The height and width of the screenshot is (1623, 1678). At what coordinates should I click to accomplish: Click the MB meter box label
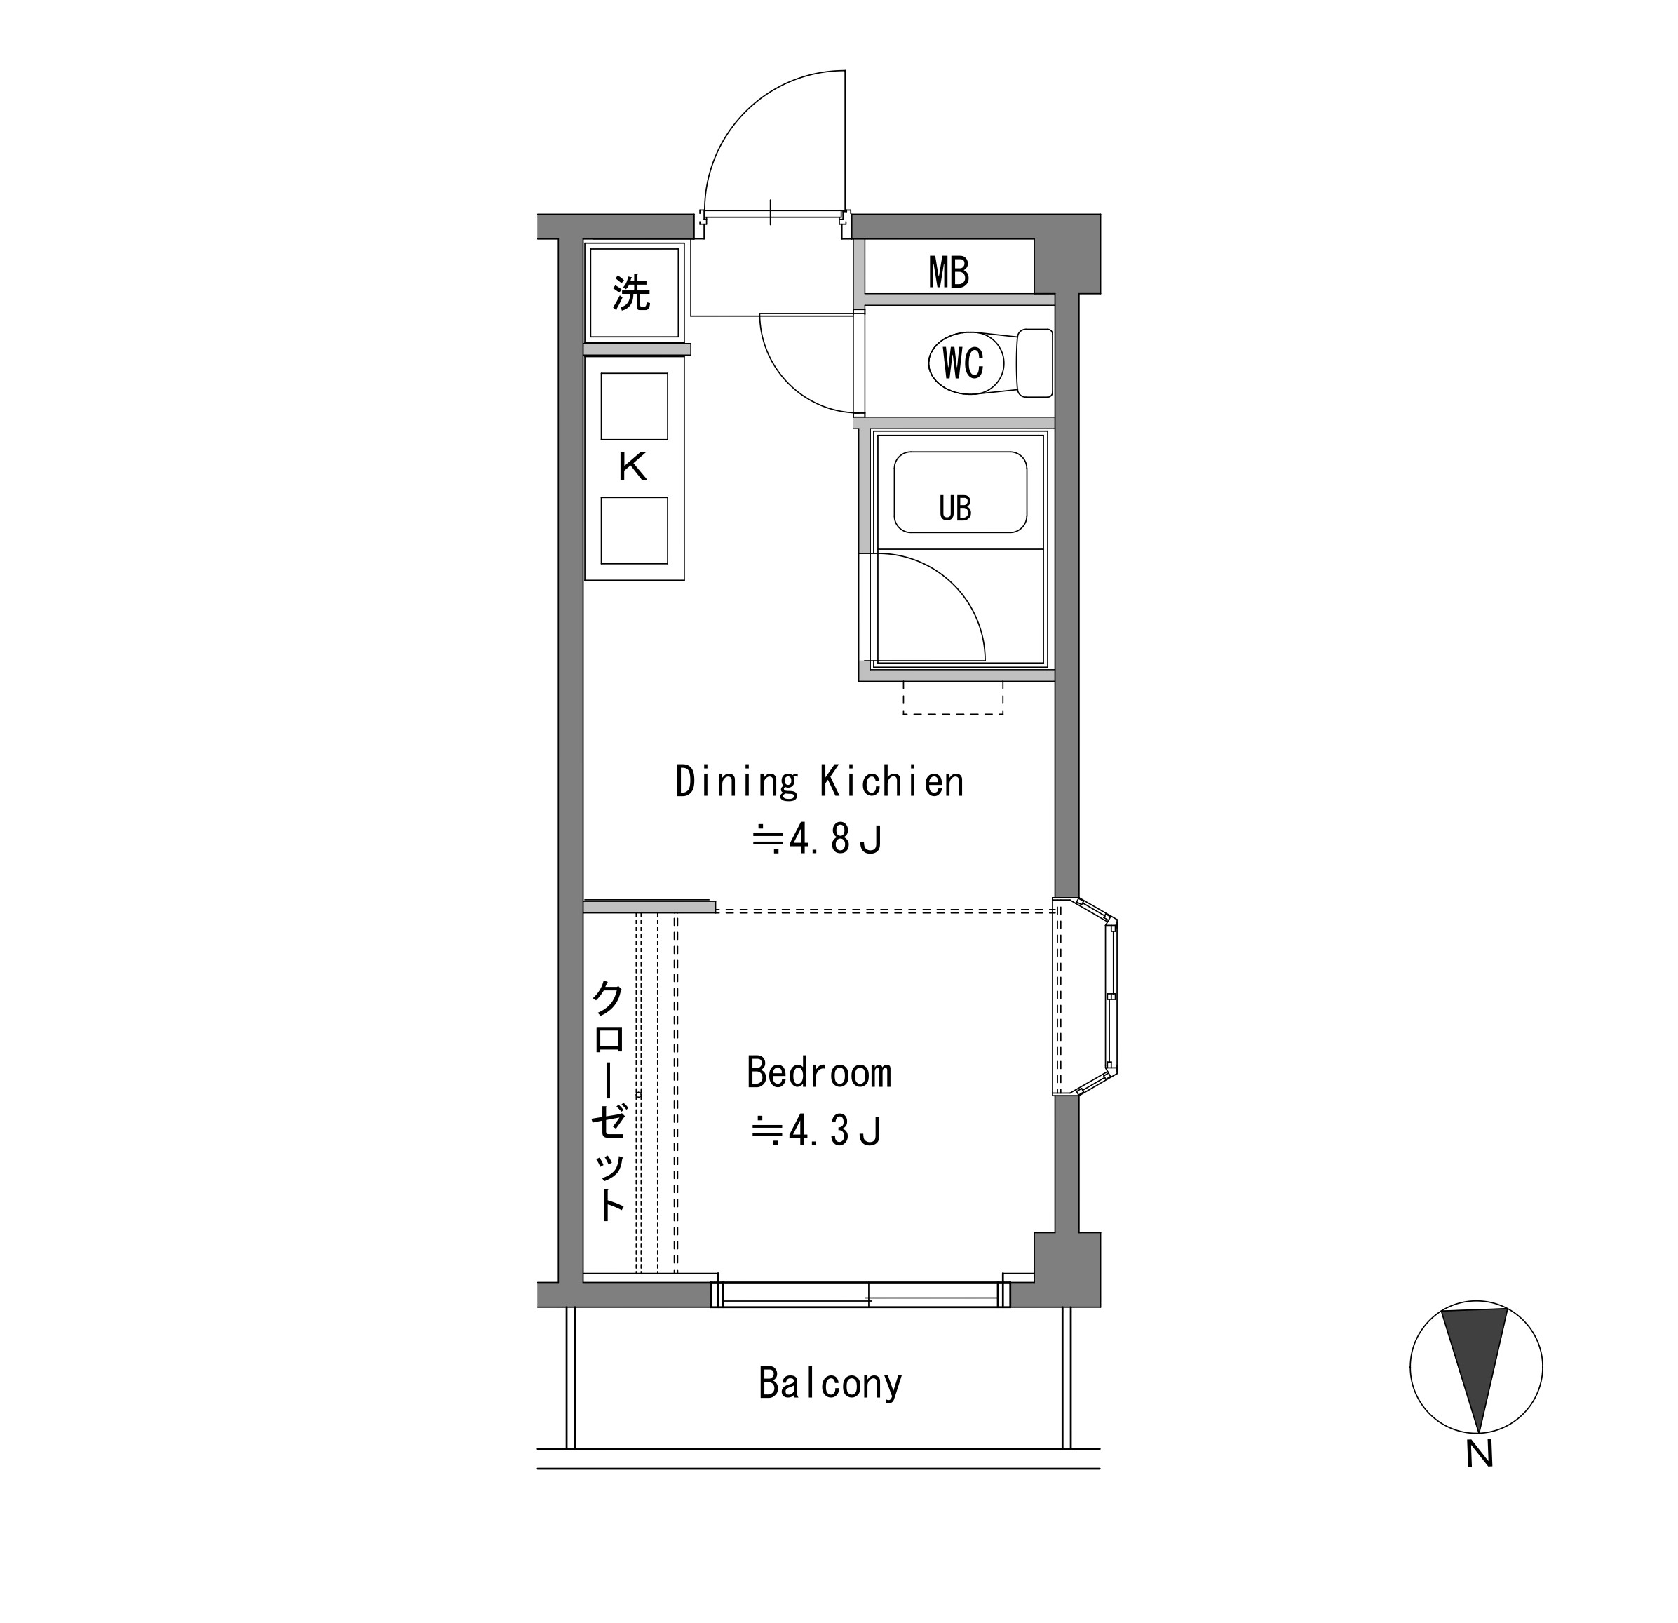[x=949, y=272]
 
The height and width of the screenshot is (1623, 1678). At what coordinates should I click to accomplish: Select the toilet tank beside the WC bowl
[x=1034, y=363]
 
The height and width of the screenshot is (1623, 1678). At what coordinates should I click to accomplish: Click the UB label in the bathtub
[x=956, y=509]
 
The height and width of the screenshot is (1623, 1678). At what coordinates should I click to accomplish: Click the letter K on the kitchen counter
[x=632, y=468]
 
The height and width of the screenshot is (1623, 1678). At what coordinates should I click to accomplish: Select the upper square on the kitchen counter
[x=635, y=406]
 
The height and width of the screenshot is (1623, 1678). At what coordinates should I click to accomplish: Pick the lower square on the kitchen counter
[x=635, y=530]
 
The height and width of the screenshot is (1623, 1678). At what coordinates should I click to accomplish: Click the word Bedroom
[x=819, y=1072]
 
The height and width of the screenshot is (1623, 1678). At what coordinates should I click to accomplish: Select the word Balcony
[x=830, y=1383]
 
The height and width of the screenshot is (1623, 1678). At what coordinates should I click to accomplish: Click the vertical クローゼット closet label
[x=609, y=1100]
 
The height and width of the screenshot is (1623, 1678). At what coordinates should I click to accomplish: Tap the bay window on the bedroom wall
[x=1085, y=997]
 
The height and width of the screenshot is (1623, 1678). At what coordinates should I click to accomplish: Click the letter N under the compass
[x=1480, y=1454]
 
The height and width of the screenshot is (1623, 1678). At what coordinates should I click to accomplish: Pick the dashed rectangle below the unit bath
[x=953, y=699]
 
